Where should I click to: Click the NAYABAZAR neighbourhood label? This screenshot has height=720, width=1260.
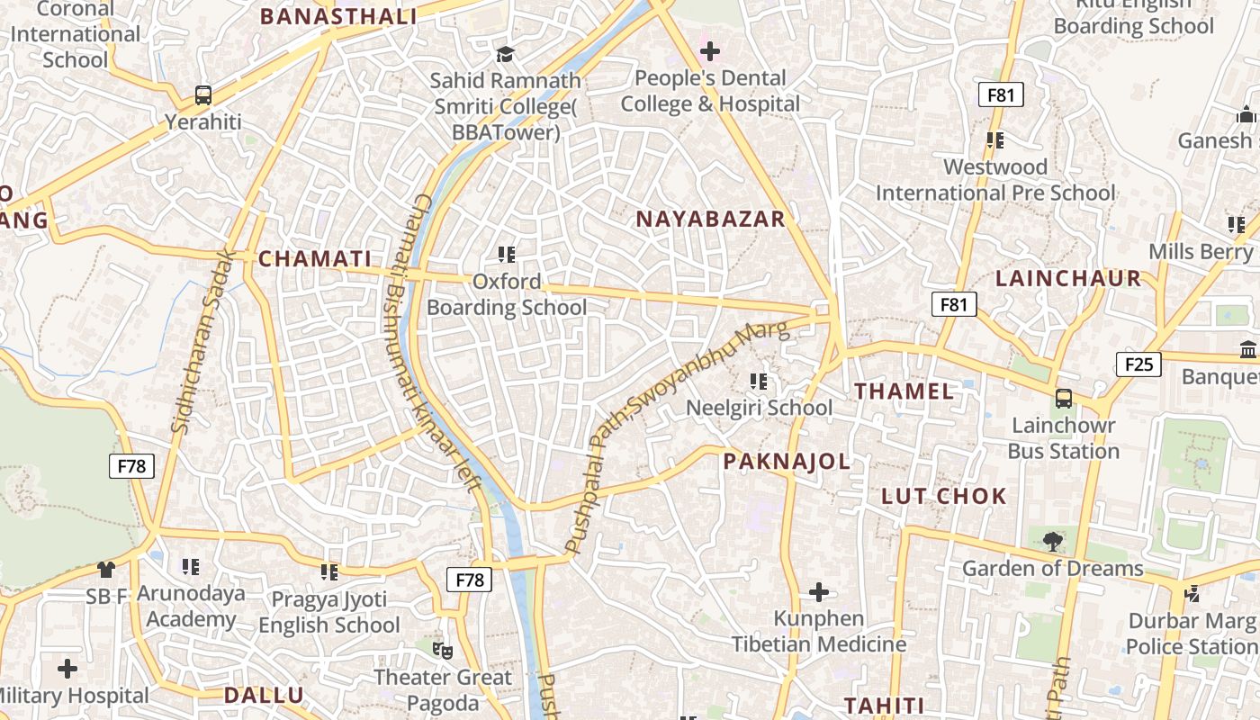[x=710, y=219]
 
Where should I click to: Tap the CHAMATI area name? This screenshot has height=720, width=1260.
[x=315, y=259]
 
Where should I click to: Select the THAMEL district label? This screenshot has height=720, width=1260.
[x=904, y=391]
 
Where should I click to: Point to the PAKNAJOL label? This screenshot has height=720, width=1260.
[x=787, y=462]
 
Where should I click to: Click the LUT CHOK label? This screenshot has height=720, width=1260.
[x=943, y=496]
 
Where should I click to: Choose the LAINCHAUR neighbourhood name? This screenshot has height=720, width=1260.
[x=1068, y=279]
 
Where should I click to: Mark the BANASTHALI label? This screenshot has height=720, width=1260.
[x=338, y=16]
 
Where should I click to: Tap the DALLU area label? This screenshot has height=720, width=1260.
[x=264, y=695]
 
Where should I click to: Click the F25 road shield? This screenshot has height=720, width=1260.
[x=1138, y=364]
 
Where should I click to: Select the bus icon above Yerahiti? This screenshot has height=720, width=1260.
[x=203, y=95]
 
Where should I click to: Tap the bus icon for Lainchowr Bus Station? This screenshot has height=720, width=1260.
[x=1063, y=398]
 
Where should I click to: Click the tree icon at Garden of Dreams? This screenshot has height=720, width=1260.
[x=1052, y=541]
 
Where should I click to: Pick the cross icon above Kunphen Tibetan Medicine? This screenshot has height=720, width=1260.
[x=818, y=592]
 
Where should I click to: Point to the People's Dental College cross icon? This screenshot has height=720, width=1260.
[x=710, y=51]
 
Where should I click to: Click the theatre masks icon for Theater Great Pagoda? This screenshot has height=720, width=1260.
[x=442, y=649]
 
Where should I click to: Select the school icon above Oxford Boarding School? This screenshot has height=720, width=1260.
[x=506, y=255]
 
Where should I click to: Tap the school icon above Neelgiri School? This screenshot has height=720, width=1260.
[x=759, y=382]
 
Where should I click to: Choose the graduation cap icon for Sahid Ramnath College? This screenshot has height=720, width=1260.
[x=505, y=54]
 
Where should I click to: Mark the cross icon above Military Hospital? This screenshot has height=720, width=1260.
[x=67, y=669]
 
